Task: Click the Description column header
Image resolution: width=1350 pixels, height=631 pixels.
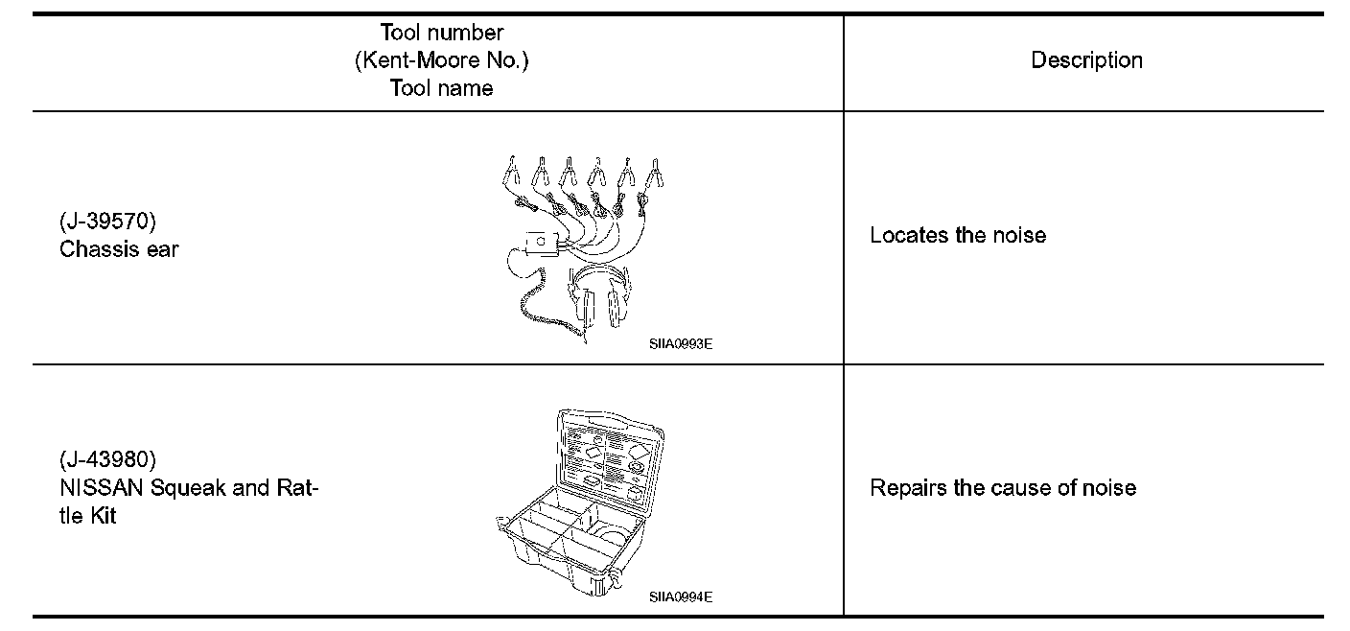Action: [1086, 60]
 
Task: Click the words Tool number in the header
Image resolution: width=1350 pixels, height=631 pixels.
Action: [441, 33]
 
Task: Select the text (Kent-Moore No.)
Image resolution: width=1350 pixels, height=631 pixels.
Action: [441, 60]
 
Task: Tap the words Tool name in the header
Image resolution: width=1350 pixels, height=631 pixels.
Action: [441, 88]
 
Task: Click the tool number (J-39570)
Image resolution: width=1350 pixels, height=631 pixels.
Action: [107, 222]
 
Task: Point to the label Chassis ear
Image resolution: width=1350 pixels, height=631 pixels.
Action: [119, 249]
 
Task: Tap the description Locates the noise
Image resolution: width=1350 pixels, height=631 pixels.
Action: [957, 235]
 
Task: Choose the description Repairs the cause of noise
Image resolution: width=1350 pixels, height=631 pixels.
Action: [1002, 487]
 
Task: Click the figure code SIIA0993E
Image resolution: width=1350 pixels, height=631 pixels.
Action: [680, 343]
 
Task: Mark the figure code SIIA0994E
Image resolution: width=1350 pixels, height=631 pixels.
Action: [680, 596]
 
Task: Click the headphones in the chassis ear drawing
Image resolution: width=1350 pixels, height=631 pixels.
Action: [599, 297]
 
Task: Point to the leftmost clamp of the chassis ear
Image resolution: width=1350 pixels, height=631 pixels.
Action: [512, 173]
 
